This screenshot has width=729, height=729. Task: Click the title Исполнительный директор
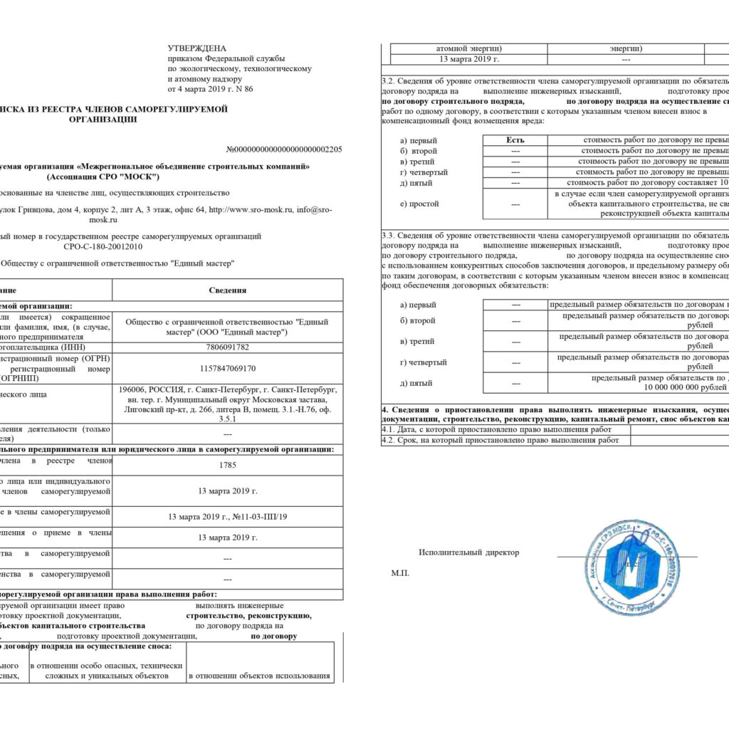click(469, 552)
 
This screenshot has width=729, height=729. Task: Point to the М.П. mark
click(400, 573)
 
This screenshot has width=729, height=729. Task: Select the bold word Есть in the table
click(515, 140)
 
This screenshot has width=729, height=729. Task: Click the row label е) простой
click(420, 204)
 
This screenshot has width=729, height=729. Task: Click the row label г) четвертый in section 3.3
click(424, 362)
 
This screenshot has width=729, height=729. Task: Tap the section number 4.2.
click(389, 440)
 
